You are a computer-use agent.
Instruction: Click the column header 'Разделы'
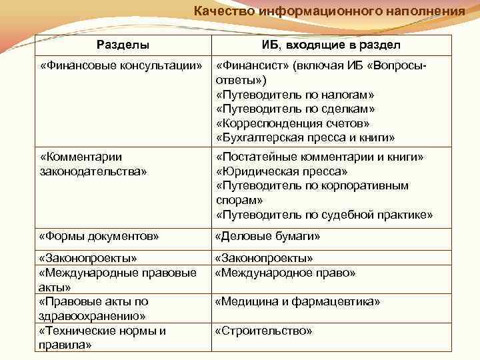click(123, 45)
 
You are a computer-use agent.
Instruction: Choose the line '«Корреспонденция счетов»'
click(293, 123)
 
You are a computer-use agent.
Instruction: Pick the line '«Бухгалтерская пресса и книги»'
click(306, 138)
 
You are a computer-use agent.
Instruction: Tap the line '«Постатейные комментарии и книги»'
click(321, 157)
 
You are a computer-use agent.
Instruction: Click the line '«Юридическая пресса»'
click(277, 171)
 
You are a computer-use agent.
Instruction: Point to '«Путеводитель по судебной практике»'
click(325, 215)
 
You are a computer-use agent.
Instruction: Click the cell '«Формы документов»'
click(99, 236)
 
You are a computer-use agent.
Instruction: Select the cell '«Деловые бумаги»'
click(267, 236)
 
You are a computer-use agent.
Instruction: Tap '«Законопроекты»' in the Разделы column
click(89, 258)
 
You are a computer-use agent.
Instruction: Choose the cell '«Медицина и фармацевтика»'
click(298, 302)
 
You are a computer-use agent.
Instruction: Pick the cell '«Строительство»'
click(263, 331)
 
